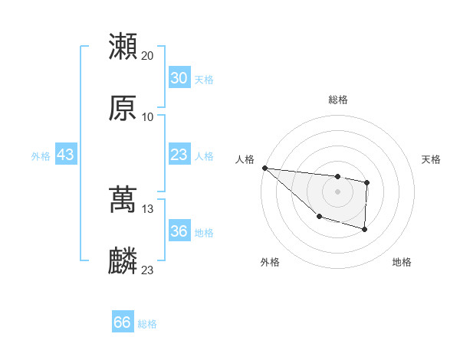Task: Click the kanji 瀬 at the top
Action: point(123,47)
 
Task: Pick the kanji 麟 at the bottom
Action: point(123,261)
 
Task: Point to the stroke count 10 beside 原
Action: point(148,116)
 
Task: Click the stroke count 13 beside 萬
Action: point(148,208)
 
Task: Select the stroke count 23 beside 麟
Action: point(148,270)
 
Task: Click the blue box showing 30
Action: point(179,78)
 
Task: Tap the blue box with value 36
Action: point(179,231)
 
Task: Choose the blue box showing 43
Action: point(65,155)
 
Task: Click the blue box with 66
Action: point(123,322)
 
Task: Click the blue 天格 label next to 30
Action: point(204,80)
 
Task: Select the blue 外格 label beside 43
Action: point(41,156)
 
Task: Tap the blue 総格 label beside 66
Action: point(147,324)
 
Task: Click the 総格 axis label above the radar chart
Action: point(337,100)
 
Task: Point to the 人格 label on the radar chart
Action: point(245,159)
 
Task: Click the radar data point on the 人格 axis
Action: point(264,168)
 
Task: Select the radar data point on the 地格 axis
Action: point(364,229)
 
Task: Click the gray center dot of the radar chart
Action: point(337,191)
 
